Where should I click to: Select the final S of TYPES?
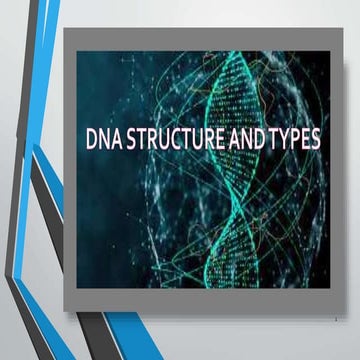point(316,139)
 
